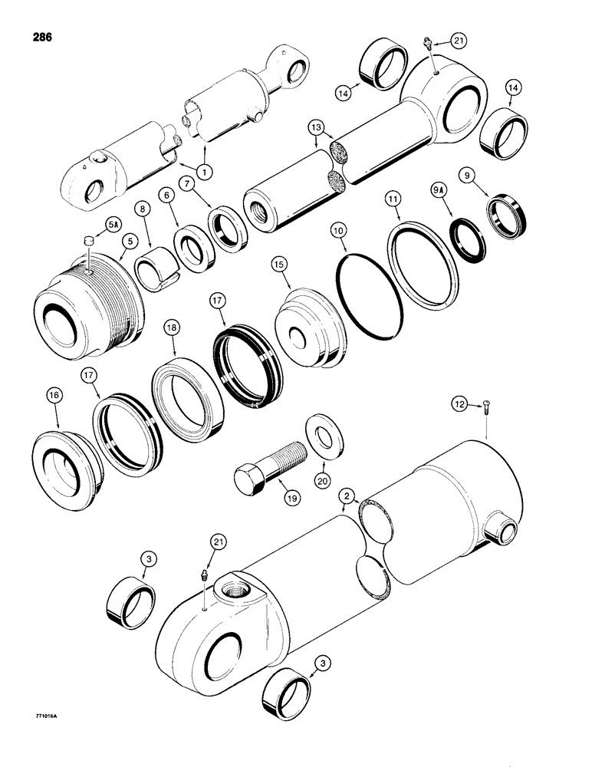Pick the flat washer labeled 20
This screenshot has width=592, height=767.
coord(326,436)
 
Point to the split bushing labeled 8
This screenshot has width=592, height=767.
coord(159,268)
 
